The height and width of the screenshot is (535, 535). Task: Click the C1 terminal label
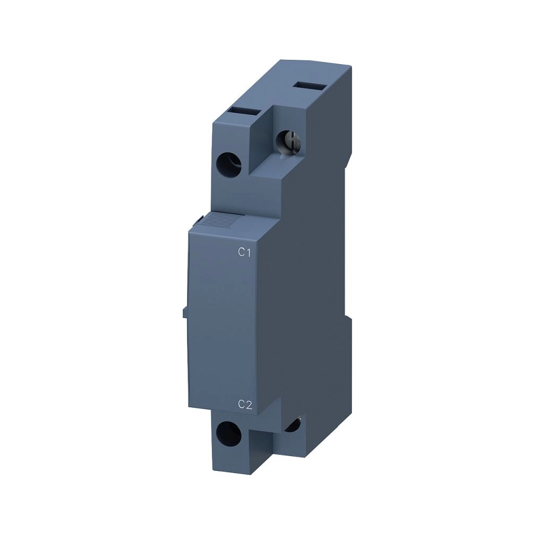[x=245, y=253]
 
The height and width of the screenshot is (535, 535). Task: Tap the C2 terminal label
[x=245, y=405]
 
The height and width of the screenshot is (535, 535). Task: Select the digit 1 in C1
[x=249, y=253]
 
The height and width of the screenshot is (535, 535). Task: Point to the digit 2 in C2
[x=249, y=405]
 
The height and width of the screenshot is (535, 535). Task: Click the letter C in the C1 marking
[x=242, y=253]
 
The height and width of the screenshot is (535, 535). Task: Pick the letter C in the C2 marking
[x=241, y=405]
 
